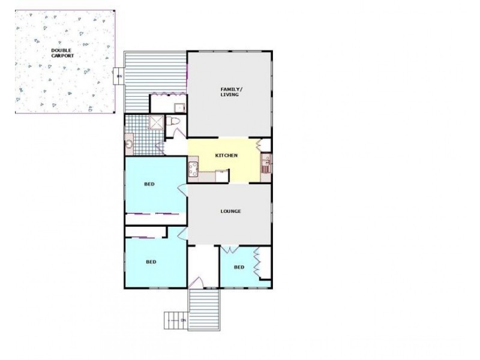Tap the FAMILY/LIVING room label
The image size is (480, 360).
(x=229, y=92)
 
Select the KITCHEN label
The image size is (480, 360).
(x=227, y=155)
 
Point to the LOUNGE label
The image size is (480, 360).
(x=230, y=211)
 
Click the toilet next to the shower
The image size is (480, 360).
(x=176, y=123)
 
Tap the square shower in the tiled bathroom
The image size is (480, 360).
(x=155, y=123)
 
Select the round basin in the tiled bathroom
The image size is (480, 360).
(x=130, y=144)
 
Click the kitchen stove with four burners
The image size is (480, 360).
(x=194, y=167)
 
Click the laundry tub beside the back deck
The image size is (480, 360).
(x=178, y=107)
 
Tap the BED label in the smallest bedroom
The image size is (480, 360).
(x=239, y=267)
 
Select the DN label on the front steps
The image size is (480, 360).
(x=184, y=320)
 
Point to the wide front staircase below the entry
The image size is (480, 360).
(x=204, y=309)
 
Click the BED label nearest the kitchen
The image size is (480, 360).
(x=149, y=184)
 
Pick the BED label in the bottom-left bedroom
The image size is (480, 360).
(x=151, y=262)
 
